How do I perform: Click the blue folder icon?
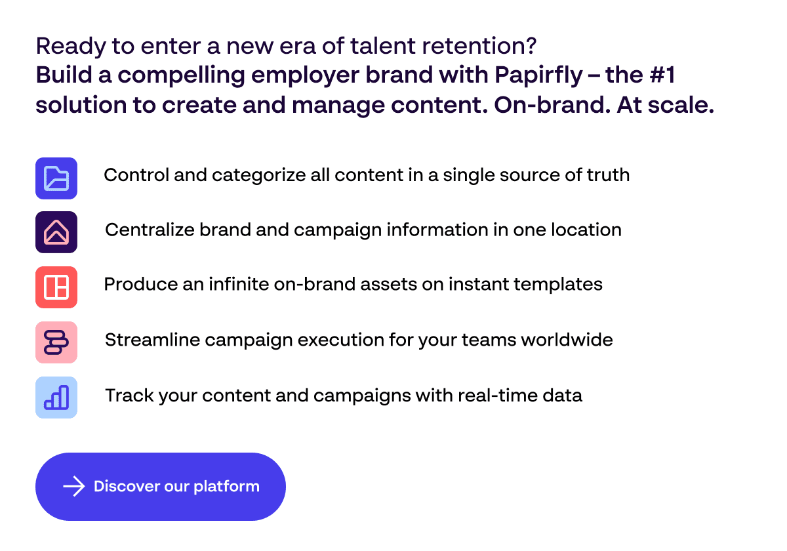pos(56,178)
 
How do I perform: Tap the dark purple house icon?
pos(56,232)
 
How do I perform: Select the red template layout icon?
pos(56,287)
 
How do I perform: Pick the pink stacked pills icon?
pos(56,342)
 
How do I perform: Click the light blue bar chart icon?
pos(56,398)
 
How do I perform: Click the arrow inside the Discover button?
pos(73,486)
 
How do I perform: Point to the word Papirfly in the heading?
pos(538,76)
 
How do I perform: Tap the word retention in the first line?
pos(479,46)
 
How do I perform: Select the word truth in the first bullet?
pos(608,174)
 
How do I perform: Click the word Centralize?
pos(150,230)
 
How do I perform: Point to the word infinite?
pos(239,284)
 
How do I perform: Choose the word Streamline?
pos(152,340)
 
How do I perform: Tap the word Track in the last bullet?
pos(129,396)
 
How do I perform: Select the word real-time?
pos(498,396)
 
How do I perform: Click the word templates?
pos(558,285)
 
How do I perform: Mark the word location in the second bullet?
pos(586,230)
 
